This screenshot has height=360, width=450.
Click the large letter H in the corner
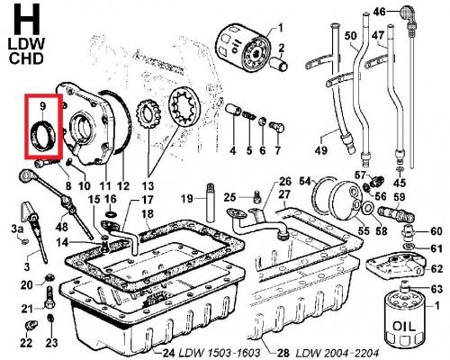tap(26, 19)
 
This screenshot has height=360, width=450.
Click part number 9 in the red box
tap(42, 106)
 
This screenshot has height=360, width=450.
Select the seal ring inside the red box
tap(44, 135)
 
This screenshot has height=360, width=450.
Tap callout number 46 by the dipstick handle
tap(379, 12)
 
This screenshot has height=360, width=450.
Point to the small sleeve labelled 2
tap(279, 64)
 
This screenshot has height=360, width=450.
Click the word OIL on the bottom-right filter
tap(404, 326)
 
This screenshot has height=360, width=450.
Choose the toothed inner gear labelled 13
tap(149, 114)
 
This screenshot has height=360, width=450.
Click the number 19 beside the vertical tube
tap(187, 198)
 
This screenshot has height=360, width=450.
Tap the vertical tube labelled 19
tap(211, 202)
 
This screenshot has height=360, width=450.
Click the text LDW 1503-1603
tap(220, 353)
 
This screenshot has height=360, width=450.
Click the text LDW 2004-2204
tap(337, 353)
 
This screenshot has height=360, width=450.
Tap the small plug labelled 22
tap(31, 325)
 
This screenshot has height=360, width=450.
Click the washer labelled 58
tap(367, 208)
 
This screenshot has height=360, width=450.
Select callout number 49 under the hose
tap(320, 150)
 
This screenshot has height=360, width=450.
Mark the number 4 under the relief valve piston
tap(233, 150)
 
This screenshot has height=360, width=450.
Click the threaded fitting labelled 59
tap(397, 213)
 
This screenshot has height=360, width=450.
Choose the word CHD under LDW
tap(26, 58)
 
